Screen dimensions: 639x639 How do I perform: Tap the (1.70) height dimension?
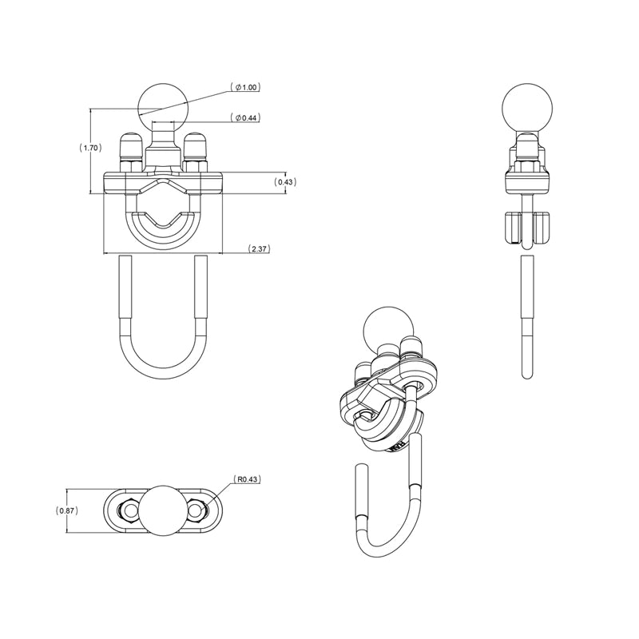[x=89, y=148]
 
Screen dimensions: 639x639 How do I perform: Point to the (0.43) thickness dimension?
[x=285, y=182]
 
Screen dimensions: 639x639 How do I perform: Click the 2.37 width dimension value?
[x=259, y=249]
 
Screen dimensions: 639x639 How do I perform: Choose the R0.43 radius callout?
[x=248, y=480]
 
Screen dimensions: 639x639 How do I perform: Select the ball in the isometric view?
[x=386, y=327]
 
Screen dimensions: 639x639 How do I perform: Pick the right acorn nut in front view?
[x=195, y=152]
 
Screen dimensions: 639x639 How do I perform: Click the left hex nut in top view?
[x=126, y=510]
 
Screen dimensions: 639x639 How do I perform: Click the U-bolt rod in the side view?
[x=527, y=312]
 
